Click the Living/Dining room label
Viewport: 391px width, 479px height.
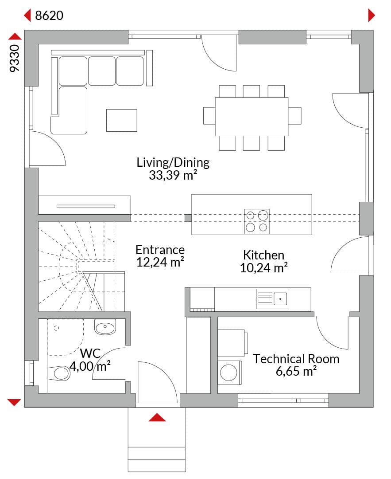point(173,162)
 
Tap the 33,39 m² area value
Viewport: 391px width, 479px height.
point(173,175)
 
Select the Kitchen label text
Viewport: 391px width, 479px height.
point(263,255)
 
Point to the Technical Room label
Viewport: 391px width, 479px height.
point(296,359)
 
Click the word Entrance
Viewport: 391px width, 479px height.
point(160,250)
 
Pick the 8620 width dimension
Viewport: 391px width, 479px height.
point(49,15)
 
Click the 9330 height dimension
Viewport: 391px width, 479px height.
point(14,59)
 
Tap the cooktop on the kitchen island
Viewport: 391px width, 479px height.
point(257,221)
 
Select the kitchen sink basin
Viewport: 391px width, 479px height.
point(280,299)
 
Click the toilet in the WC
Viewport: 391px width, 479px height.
point(59,373)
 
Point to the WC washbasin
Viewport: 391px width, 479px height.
point(105,327)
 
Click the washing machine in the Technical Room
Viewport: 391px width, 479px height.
point(230,373)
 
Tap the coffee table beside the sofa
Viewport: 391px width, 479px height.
point(122,120)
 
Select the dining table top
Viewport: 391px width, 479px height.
point(252,116)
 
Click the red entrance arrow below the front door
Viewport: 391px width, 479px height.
point(157,417)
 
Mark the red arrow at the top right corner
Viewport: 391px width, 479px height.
point(372,15)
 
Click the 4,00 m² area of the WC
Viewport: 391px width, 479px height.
point(90,366)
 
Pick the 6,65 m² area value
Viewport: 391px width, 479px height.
point(296,372)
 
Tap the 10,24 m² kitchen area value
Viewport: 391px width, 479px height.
point(263,268)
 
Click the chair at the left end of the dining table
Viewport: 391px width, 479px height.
point(209,116)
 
